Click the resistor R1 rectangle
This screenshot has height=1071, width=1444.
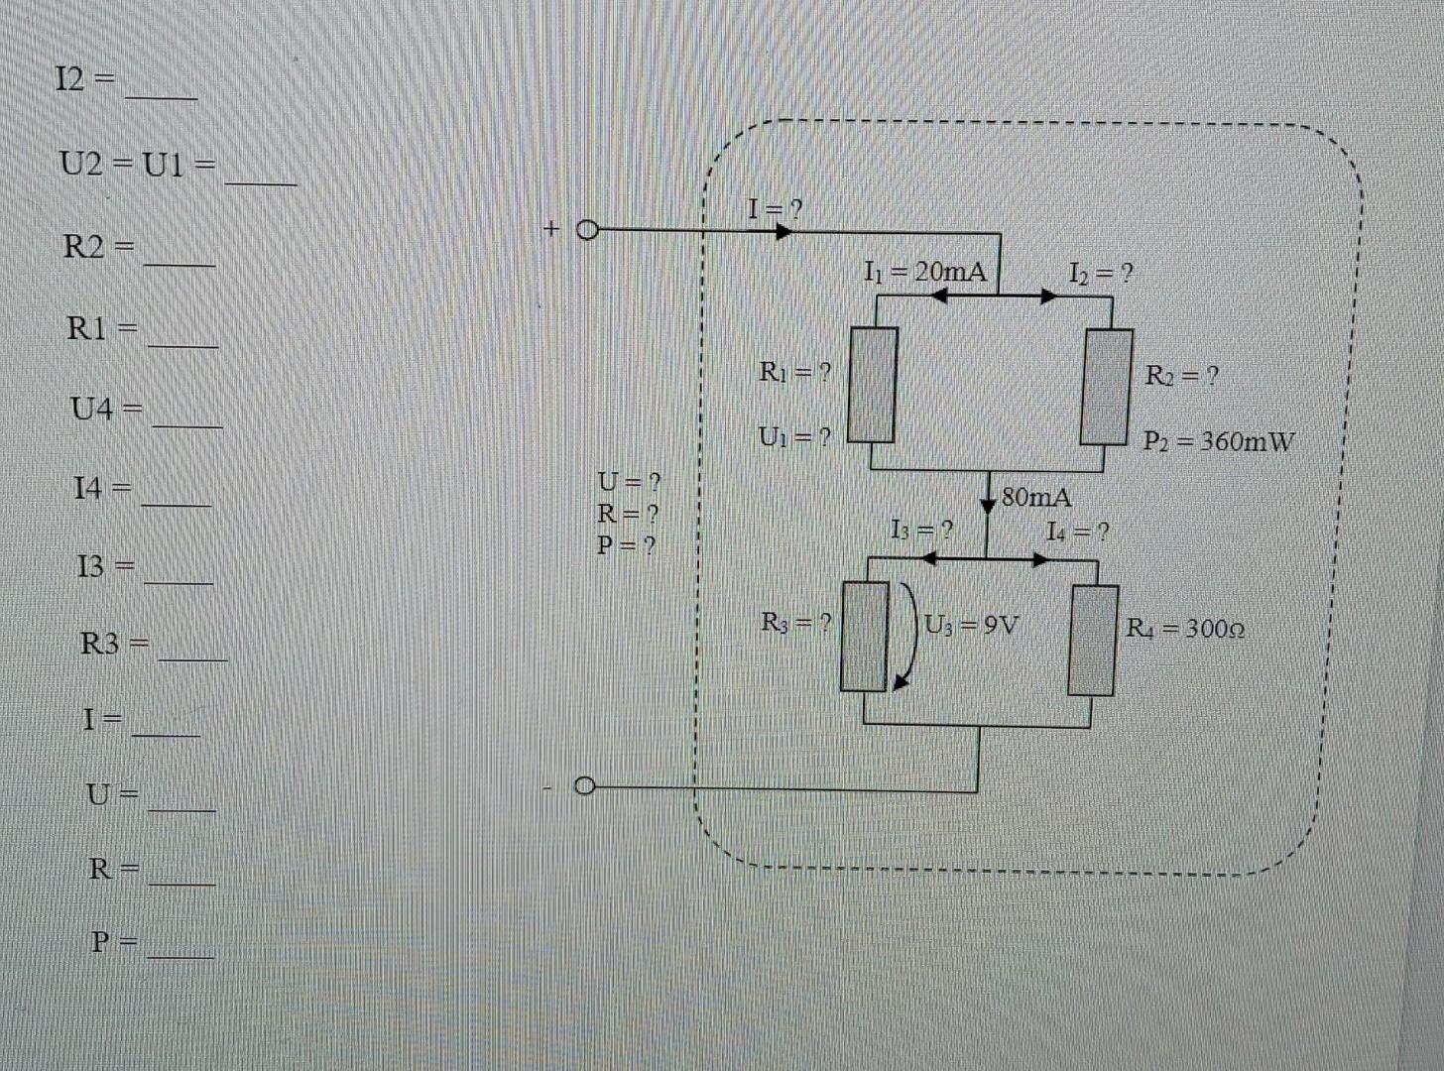pos(872,385)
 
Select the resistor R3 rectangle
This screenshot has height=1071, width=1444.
pos(865,636)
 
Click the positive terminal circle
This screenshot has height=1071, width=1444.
pos(586,232)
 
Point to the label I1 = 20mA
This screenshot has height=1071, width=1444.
pos(925,271)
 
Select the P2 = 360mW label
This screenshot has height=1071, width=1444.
pos(1219,441)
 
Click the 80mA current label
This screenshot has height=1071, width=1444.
pos(1036,497)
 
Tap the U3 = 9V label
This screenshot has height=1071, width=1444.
pos(972,626)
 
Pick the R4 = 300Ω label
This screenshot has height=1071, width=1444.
pos(1185,629)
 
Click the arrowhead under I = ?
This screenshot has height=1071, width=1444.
pos(783,232)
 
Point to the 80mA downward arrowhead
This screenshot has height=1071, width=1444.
pos(988,503)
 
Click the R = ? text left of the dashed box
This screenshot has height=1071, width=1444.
pos(627,514)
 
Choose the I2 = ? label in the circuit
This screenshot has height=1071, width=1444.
pos(1101,273)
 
